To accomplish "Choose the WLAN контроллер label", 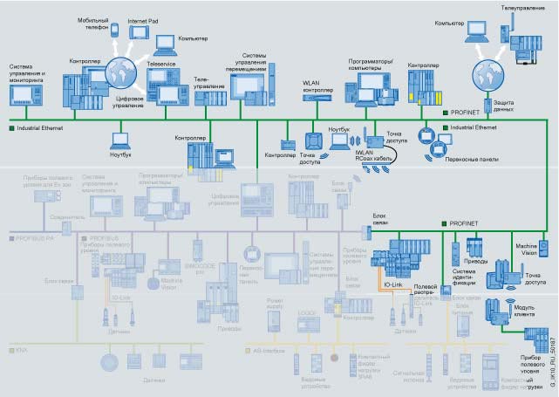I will pyautogui.click(x=317, y=86).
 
